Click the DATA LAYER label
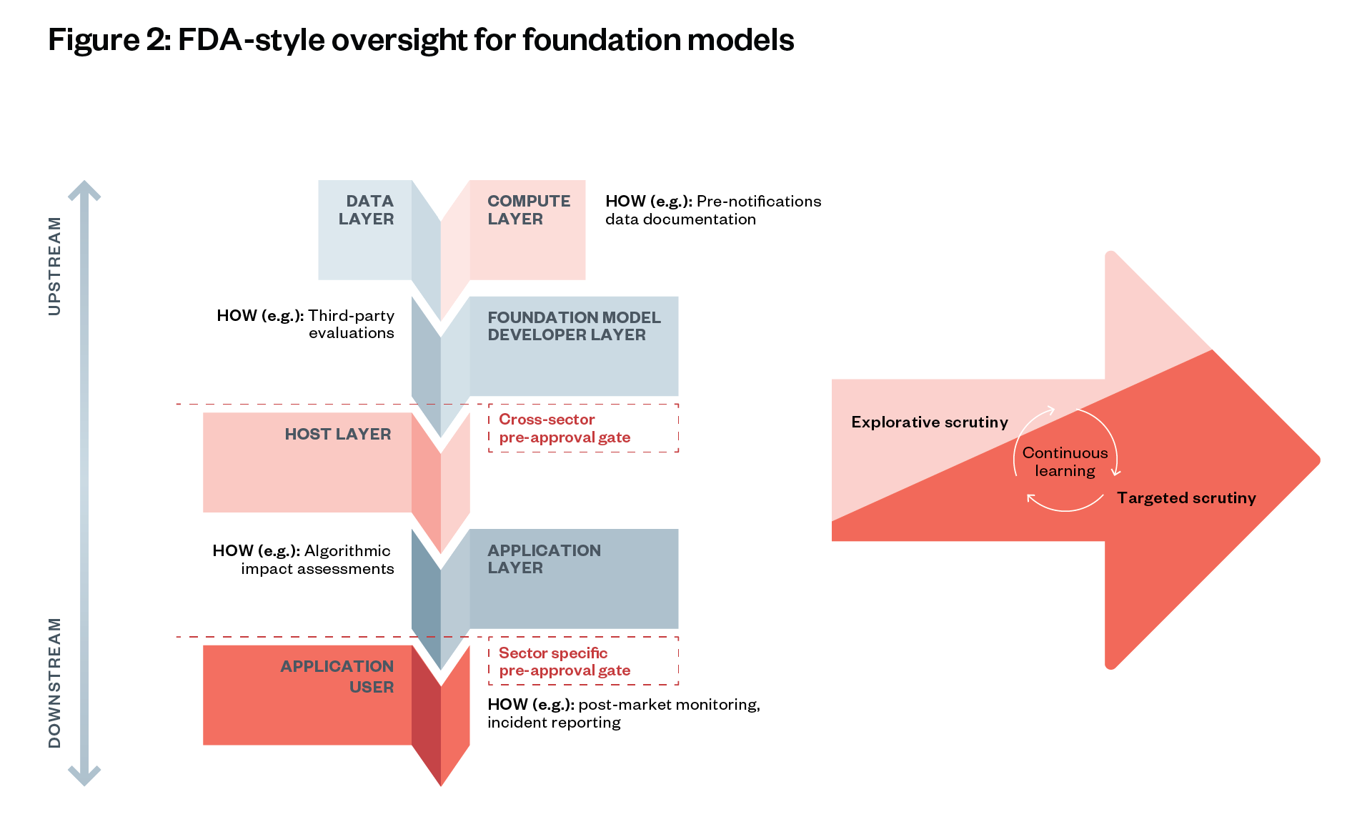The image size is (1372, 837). click(x=366, y=210)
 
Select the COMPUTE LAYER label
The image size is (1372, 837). click(x=529, y=210)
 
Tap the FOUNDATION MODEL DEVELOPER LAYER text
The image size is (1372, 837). click(x=574, y=326)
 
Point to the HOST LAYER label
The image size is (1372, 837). click(x=338, y=434)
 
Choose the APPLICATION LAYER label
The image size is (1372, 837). click(x=544, y=559)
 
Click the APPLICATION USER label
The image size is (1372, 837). click(x=337, y=676)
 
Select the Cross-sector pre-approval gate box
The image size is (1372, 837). click(x=583, y=428)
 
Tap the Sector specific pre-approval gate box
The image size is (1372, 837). click(x=583, y=661)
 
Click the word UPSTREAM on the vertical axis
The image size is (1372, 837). click(x=54, y=266)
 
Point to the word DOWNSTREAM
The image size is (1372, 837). click(x=54, y=683)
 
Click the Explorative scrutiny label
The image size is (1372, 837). click(x=930, y=422)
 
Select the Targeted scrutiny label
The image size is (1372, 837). click(x=1186, y=497)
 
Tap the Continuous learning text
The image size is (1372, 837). click(x=1065, y=462)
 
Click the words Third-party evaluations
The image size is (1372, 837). click(x=351, y=324)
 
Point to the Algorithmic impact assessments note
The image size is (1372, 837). click(x=317, y=560)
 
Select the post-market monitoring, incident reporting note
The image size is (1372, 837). click(x=624, y=713)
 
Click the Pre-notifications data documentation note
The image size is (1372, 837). click(x=713, y=210)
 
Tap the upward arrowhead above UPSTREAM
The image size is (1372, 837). click(x=84, y=190)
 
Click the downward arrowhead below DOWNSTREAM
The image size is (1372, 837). click(x=84, y=776)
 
